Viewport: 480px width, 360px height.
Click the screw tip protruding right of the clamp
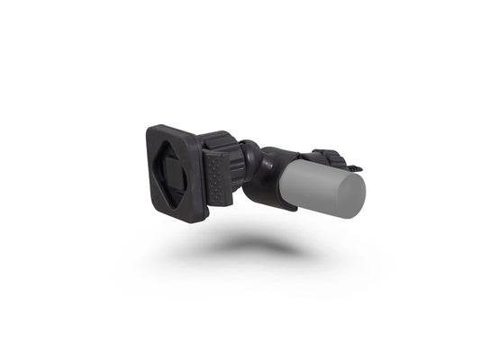point(358,166)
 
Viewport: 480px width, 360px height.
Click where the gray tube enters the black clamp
point(290,171)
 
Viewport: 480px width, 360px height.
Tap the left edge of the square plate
point(148,166)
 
